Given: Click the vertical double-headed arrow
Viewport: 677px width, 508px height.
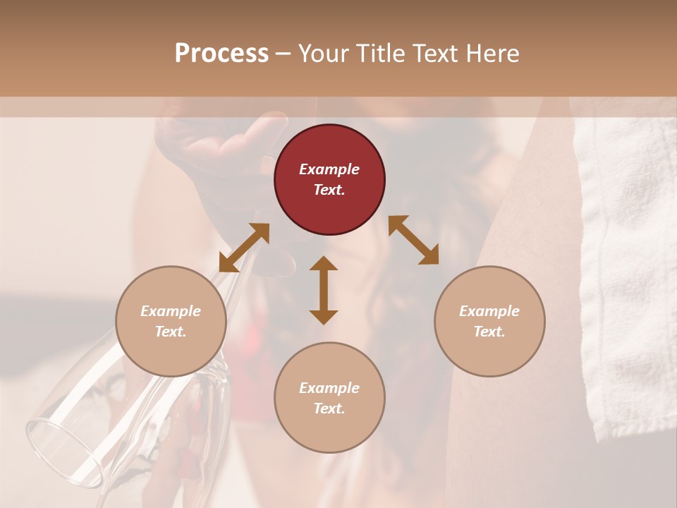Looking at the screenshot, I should click(324, 290).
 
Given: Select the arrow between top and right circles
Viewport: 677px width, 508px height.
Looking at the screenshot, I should click(413, 240).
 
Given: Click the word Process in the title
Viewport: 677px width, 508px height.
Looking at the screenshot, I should click(221, 54).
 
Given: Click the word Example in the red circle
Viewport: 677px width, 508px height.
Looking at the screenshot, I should click(329, 169).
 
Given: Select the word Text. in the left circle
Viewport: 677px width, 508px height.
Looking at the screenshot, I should click(171, 332).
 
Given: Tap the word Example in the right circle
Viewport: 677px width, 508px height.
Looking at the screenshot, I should click(489, 311).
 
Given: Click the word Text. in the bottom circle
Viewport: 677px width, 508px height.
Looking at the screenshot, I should click(329, 409).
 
